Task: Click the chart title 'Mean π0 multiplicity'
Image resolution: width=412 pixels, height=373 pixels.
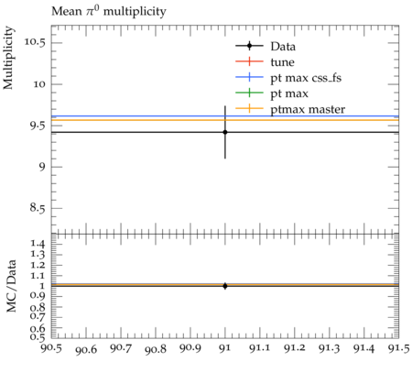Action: pos(109,11)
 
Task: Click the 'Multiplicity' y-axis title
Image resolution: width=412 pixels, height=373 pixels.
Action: pos(8,58)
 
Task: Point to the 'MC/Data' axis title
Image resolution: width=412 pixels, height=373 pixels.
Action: pos(11,286)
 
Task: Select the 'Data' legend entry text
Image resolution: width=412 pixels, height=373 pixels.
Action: pos(283,47)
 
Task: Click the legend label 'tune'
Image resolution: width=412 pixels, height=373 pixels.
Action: pos(282,62)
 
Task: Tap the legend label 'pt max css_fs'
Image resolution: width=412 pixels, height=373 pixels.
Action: pos(306,78)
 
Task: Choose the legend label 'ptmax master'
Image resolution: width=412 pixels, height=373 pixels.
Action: pos(308,109)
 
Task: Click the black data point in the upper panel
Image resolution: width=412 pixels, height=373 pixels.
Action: pos(225,132)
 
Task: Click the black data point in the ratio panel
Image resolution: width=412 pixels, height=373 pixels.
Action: pos(225,286)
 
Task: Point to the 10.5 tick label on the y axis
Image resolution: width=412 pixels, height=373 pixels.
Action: pos(35,42)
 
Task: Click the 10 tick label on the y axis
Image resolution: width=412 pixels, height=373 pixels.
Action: pos(39,84)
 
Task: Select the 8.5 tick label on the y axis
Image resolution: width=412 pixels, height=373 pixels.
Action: pos(38,208)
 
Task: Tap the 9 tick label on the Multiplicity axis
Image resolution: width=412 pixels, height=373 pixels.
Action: pos(42,167)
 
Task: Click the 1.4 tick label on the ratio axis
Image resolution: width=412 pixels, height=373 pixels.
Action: pos(38,244)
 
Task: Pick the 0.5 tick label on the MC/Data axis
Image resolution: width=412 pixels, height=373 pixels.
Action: pos(38,337)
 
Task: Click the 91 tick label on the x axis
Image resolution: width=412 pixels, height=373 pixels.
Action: pos(225,349)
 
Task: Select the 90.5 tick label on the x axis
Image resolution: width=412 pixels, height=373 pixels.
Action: pos(51,349)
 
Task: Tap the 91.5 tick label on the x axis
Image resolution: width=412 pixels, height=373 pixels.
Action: pos(399,349)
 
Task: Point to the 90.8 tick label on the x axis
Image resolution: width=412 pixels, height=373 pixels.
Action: pos(156,349)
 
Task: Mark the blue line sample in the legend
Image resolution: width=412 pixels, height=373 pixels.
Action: pos(249,77)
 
